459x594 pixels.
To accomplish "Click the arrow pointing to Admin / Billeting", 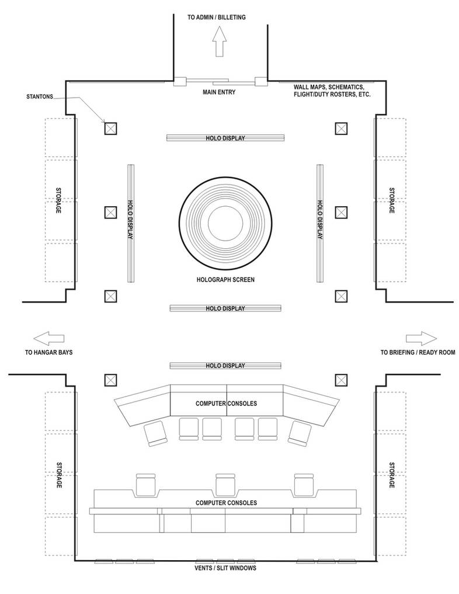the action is coord(219,41).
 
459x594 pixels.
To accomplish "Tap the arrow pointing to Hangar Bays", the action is coord(48,338).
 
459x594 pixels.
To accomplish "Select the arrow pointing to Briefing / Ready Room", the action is coord(421,338).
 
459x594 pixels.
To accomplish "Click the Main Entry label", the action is coord(219,92).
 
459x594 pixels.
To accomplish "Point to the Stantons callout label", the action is coord(40,96).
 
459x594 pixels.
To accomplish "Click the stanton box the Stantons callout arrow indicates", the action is coord(110,128).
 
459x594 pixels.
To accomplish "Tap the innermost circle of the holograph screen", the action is coord(225,221).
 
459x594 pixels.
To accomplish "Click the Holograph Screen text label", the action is coord(225,280).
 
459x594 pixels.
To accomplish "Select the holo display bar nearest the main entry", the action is coord(225,138).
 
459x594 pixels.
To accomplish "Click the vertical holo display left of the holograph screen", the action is coord(131,223).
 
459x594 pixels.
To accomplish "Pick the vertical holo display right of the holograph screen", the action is coord(320,223).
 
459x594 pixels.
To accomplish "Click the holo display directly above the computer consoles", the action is coord(225,366).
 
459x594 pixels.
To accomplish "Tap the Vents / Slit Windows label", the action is coord(225,568).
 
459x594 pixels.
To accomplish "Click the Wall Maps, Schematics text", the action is coord(329,87).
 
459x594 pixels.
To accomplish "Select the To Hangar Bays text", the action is coord(49,352).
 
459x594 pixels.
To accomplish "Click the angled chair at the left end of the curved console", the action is coord(156,434).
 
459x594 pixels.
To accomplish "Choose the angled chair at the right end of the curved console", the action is coord(300,434).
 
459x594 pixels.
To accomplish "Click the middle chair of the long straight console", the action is coord(225,485).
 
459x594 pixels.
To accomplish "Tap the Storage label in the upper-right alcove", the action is coord(392,200).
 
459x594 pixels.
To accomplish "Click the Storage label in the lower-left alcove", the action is coord(59,475).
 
